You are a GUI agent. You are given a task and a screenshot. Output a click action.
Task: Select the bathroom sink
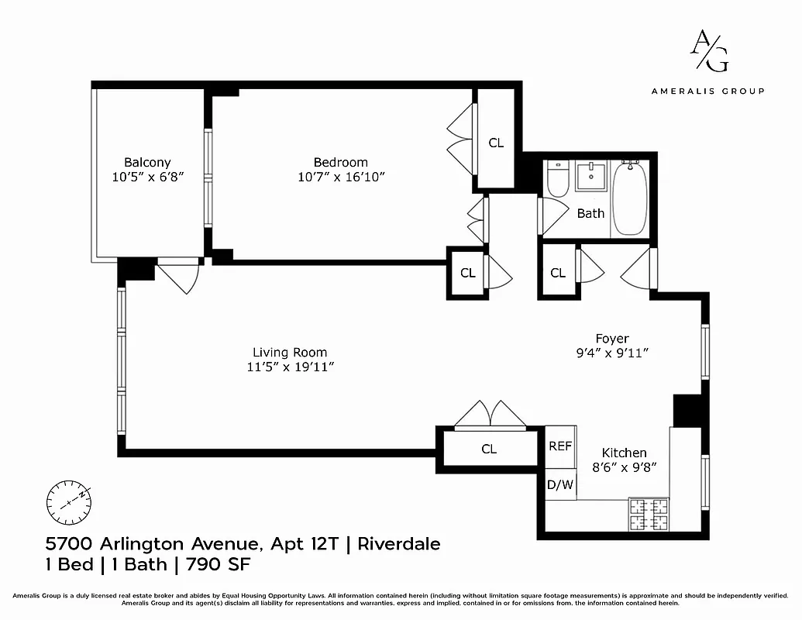tap(593, 177)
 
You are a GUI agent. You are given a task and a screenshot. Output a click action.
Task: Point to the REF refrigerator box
tap(560, 446)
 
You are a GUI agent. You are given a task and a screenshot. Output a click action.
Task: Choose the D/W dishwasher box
tap(560, 485)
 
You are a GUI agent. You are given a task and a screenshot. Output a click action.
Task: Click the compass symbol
tap(69, 502)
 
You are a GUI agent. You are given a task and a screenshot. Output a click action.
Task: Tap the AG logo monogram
tap(709, 51)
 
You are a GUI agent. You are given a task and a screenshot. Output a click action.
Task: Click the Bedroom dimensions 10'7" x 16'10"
tap(341, 177)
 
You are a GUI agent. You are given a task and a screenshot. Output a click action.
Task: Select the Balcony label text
tap(147, 162)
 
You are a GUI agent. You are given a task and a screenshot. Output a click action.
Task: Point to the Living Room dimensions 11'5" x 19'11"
tap(289, 367)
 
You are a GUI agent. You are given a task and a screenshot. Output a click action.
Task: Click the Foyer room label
tap(611, 339)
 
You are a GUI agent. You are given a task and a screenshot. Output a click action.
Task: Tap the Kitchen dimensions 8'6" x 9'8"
tap(625, 467)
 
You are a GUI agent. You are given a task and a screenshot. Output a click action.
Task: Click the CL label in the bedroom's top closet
tap(496, 143)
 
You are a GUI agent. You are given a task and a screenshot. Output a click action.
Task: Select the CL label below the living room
tap(489, 449)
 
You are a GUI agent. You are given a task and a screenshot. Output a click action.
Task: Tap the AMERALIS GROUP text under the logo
tap(707, 91)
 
